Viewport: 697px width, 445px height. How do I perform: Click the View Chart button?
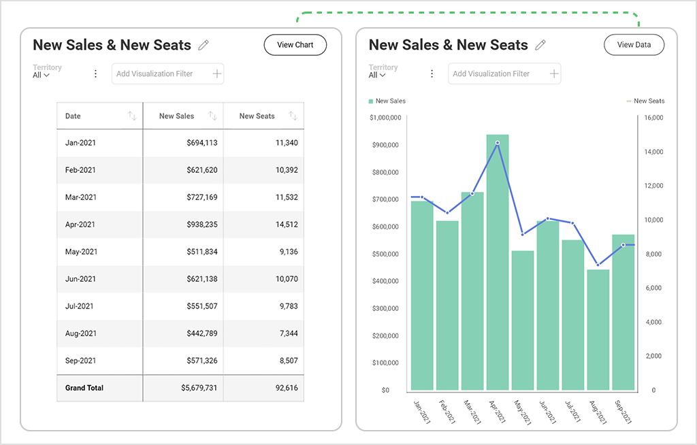pyautogui.click(x=295, y=45)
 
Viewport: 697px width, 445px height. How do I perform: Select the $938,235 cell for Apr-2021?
pyautogui.click(x=202, y=225)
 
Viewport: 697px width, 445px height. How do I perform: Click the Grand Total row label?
pyautogui.click(x=84, y=388)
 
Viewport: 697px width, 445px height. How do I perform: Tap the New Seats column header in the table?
pyautogui.click(x=257, y=116)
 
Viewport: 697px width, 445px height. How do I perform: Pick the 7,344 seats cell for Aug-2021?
pyautogui.click(x=286, y=333)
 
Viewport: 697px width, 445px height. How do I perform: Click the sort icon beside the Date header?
pyautogui.click(x=132, y=116)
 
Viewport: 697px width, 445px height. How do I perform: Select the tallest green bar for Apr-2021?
pyautogui.click(x=498, y=272)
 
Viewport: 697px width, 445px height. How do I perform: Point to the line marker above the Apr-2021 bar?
pyautogui.click(x=498, y=143)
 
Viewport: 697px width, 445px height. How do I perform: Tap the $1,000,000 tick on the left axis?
pyautogui.click(x=385, y=118)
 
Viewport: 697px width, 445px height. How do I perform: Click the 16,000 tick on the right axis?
pyautogui.click(x=653, y=118)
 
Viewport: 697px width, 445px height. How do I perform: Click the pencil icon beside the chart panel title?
pyautogui.click(x=540, y=45)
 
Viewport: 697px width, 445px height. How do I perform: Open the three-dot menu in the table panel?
pyautogui.click(x=95, y=73)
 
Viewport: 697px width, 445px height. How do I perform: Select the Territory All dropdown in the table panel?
pyautogui.click(x=42, y=75)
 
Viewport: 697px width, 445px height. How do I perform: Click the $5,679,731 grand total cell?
pyautogui.click(x=199, y=388)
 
